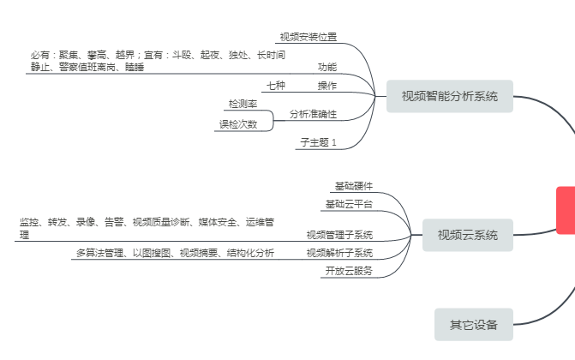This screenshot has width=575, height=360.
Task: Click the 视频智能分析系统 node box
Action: [x=449, y=96]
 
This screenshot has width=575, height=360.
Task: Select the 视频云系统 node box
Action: [x=467, y=234]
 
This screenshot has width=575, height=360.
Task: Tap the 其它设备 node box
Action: [x=474, y=324]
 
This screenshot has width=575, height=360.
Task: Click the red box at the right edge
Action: [x=566, y=210]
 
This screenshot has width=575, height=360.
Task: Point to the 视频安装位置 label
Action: [x=308, y=37]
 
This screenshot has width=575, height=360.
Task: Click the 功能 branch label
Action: [x=327, y=67]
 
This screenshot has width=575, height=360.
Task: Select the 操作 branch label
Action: [x=327, y=86]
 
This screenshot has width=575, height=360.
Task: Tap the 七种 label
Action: [x=276, y=86]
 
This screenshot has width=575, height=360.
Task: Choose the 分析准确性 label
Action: [x=313, y=114]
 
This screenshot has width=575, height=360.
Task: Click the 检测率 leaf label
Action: [x=243, y=104]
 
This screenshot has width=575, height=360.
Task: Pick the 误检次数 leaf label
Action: [x=237, y=124]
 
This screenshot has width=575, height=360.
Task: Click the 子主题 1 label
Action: [x=318, y=141]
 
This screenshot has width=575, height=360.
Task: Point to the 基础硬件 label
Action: [x=353, y=186]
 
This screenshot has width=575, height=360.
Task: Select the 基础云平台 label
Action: [x=349, y=204]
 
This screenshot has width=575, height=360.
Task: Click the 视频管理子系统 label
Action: [x=339, y=234]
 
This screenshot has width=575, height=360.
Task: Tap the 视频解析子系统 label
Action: [x=339, y=253]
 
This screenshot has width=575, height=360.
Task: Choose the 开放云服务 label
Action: [x=349, y=271]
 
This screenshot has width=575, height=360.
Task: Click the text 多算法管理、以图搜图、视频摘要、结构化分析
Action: [x=175, y=253]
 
